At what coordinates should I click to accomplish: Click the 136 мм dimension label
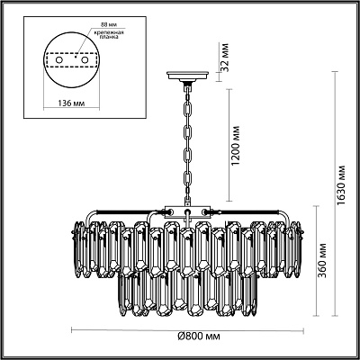coord(71,103)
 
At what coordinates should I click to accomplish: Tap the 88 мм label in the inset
coord(104,24)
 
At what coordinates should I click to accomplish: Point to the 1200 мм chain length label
coord(236,146)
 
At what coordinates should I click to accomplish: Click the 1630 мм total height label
coord(341,186)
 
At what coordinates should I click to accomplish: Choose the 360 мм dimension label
coord(322,260)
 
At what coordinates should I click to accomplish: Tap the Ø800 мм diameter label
coord(199,337)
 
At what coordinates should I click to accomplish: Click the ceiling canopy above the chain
coord(188,76)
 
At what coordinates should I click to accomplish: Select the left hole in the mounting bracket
coord(59,60)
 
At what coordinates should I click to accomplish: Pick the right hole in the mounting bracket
coord(85,60)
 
